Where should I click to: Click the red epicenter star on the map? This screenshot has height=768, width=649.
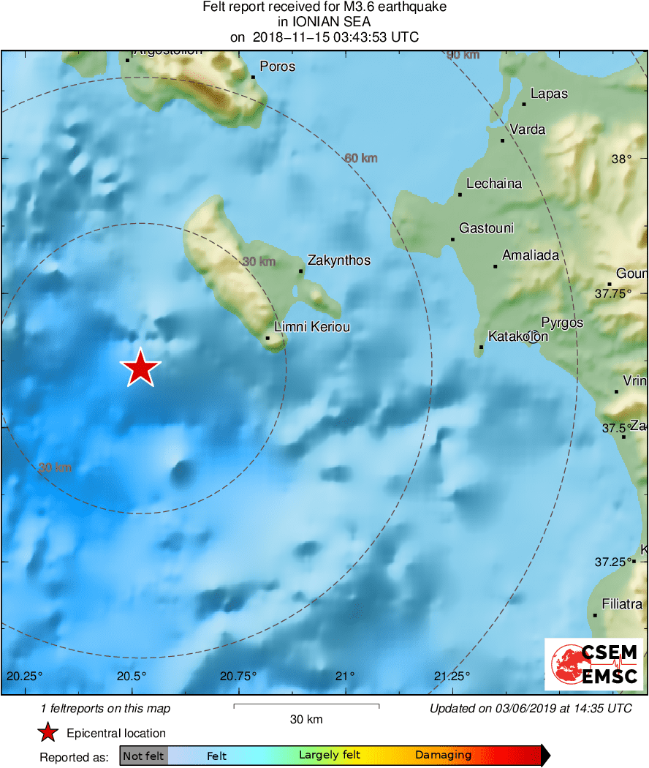[140, 367]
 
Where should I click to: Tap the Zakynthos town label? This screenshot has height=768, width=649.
[339, 260]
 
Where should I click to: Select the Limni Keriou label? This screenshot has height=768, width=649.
[311, 327]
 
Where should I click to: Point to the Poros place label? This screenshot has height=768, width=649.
[278, 67]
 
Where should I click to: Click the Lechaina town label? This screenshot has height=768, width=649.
[494, 184]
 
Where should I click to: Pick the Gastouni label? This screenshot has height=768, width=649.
[486, 228]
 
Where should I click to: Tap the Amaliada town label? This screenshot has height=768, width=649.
[531, 255]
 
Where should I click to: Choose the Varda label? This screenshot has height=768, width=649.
[528, 129]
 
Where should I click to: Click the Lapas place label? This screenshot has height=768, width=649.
[549, 94]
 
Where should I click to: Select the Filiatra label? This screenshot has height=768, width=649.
[622, 604]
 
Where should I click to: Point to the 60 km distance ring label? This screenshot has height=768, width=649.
[360, 158]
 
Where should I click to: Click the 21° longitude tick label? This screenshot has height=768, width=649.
[346, 675]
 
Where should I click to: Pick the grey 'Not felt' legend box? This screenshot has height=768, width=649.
[143, 756]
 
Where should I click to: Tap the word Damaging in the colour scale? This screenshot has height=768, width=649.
[443, 756]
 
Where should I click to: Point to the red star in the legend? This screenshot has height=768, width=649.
[48, 733]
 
